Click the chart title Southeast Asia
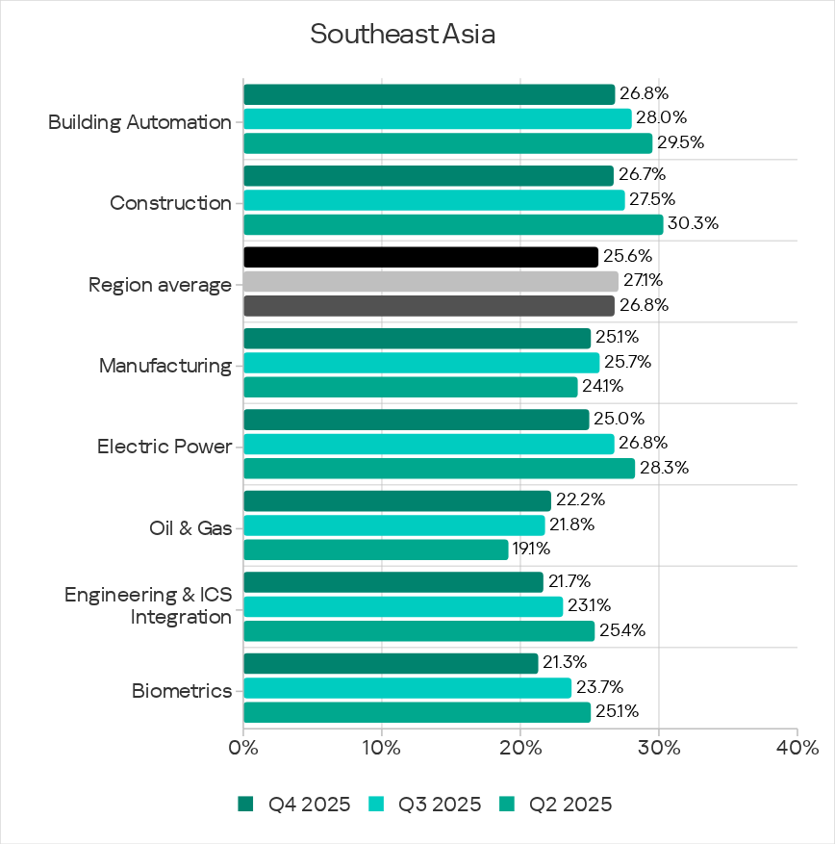pyautogui.click(x=402, y=35)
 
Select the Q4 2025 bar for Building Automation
pyautogui.click(x=429, y=94)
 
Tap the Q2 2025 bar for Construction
pyautogui.click(x=453, y=224)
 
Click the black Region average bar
pyautogui.click(x=420, y=257)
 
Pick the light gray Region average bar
pyautogui.click(x=431, y=281)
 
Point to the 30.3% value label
pyautogui.click(x=693, y=224)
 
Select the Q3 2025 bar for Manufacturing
pyautogui.click(x=421, y=363)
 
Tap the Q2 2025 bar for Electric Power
pyautogui.click(x=439, y=468)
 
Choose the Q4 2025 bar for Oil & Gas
pyautogui.click(x=397, y=500)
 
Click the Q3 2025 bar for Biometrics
pyautogui.click(x=407, y=687)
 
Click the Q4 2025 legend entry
pyautogui.click(x=293, y=805)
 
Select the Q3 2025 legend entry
pyautogui.click(x=424, y=805)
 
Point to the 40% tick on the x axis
pyautogui.click(x=797, y=748)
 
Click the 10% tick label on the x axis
pyautogui.click(x=382, y=748)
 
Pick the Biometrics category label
pyautogui.click(x=182, y=691)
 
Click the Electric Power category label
pyautogui.click(x=164, y=447)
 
